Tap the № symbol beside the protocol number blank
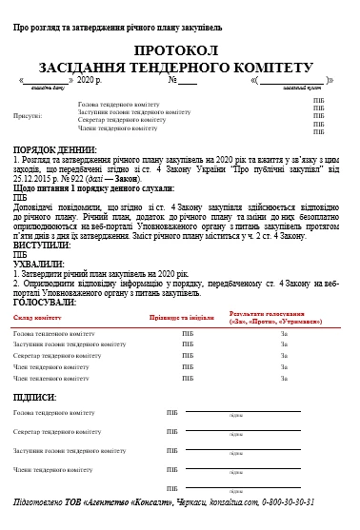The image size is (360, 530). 173,83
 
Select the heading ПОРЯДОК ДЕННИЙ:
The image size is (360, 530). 53,150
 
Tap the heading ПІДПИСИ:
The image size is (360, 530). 35,396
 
